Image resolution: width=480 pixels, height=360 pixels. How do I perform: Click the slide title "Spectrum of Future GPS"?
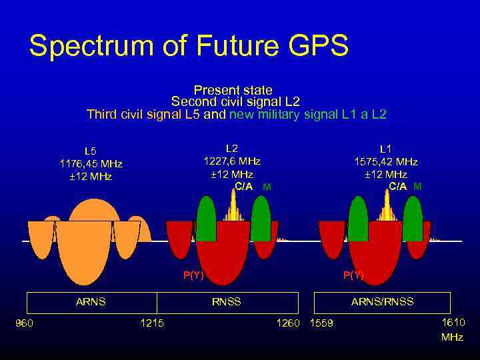[x=189, y=47]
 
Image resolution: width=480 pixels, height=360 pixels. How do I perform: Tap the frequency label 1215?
[x=151, y=323]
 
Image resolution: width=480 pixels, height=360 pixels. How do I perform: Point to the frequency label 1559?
[x=321, y=324]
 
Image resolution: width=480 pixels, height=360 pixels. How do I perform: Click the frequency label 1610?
[x=453, y=323]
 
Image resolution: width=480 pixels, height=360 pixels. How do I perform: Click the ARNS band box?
[x=91, y=302]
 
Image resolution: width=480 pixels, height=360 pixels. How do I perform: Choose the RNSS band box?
[x=227, y=302]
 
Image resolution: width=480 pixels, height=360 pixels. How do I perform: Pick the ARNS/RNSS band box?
[x=382, y=302]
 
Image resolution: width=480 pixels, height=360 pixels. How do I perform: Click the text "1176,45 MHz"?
[x=91, y=163]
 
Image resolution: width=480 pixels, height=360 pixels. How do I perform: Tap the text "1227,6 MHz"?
[x=231, y=161]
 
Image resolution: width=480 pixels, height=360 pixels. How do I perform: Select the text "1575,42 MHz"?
[x=385, y=161]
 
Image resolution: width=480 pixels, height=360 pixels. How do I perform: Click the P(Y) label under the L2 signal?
[x=193, y=275]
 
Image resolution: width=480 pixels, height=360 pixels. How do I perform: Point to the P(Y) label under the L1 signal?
[x=353, y=275]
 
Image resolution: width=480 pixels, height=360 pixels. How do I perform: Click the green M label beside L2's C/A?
[x=266, y=187]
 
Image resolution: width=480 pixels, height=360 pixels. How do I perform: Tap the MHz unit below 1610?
[x=452, y=337]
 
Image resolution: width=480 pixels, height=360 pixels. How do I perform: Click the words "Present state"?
[x=233, y=89]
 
